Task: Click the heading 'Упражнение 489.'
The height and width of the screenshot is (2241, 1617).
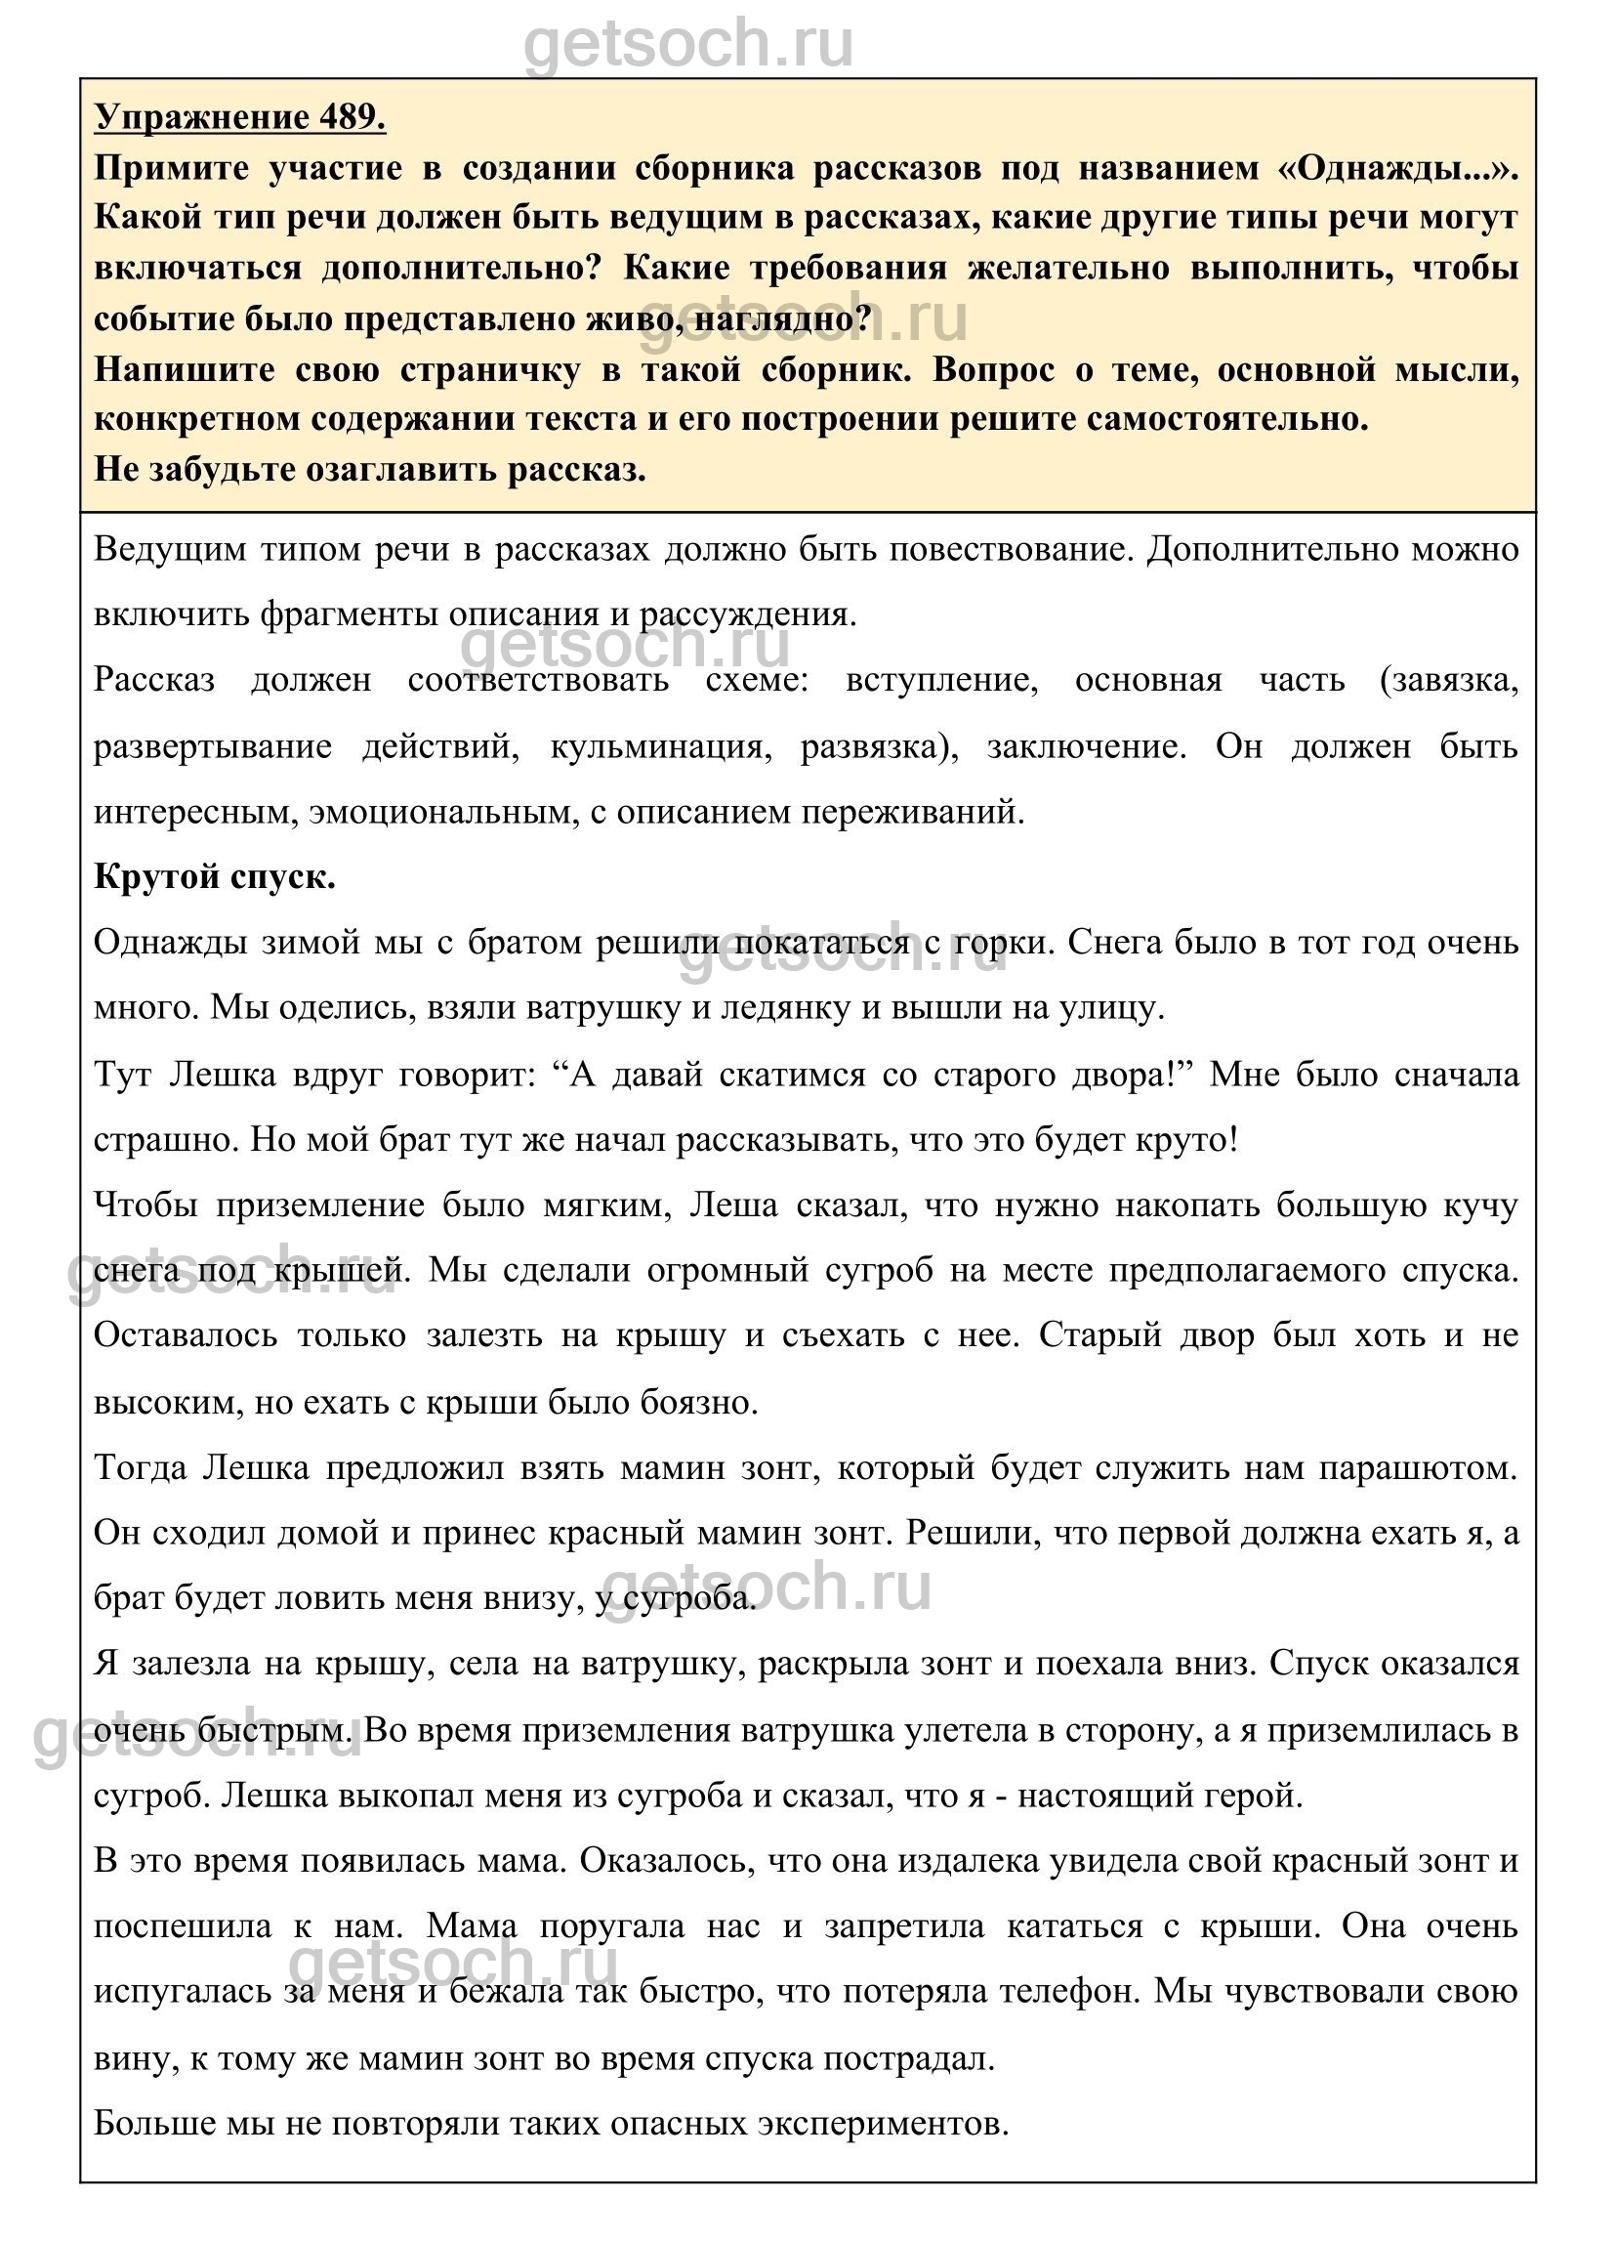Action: pyautogui.click(x=240, y=117)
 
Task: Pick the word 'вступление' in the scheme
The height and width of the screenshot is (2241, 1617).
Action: pyautogui.click(x=941, y=680)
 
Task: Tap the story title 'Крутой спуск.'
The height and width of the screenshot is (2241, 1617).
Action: pyautogui.click(x=215, y=876)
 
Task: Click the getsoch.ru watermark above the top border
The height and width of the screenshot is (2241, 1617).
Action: pyautogui.click(x=687, y=45)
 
